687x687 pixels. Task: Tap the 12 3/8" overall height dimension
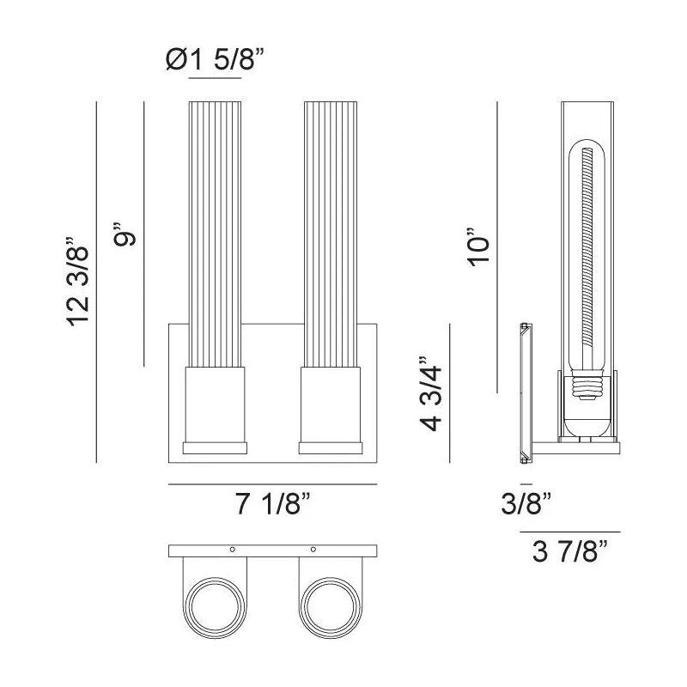(x=79, y=283)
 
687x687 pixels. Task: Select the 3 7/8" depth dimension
(x=569, y=553)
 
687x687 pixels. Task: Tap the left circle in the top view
(x=216, y=605)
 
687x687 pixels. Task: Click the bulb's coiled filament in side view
(x=588, y=249)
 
